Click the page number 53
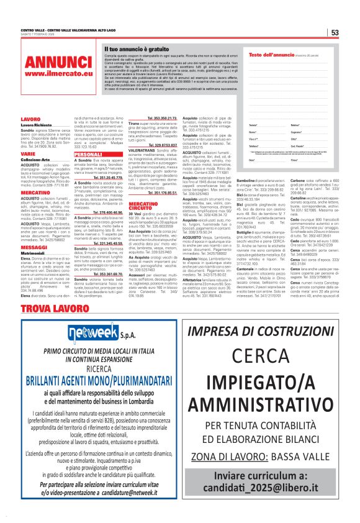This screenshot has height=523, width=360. point(335,32)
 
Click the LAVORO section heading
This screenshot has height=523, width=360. point(30,118)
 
